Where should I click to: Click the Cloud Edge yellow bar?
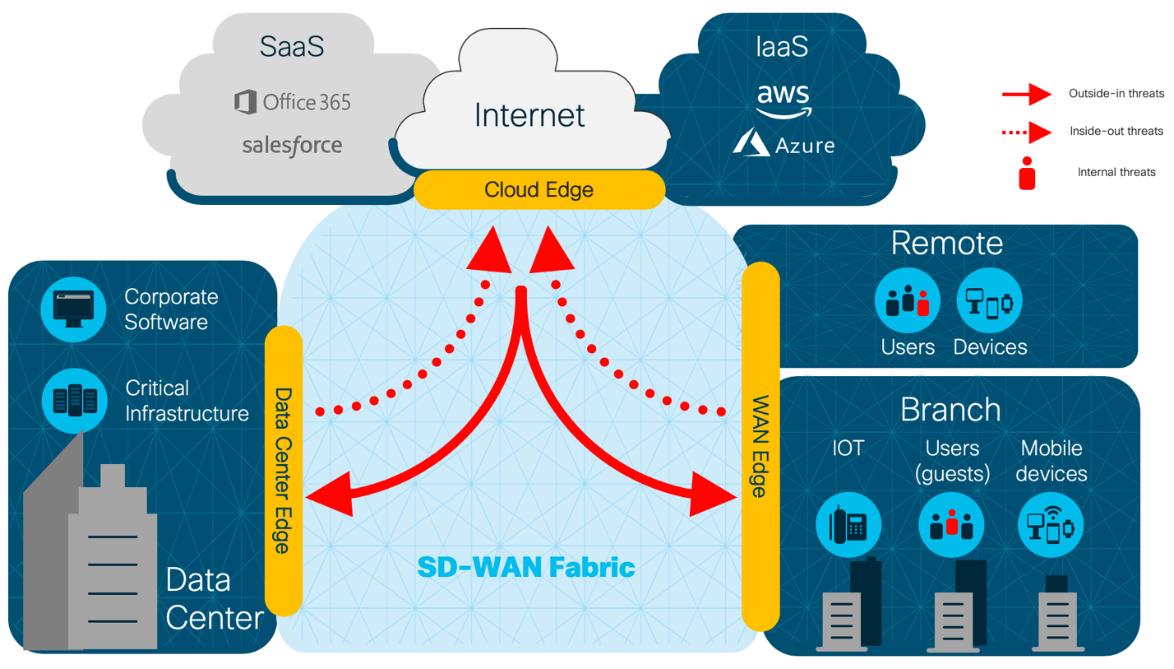pos(538,190)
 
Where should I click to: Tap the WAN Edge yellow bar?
pos(760,447)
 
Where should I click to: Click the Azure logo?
pos(783,144)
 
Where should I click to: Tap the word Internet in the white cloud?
pos(530,114)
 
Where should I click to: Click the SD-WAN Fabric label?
pos(526,566)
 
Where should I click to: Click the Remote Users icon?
pos(908,302)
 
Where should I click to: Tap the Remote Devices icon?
pos(990,302)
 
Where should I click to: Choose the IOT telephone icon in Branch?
pos(848,523)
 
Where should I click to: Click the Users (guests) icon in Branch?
pos(951,523)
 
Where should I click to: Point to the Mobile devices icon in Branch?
pos(1052,523)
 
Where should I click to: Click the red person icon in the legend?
pos(1027,174)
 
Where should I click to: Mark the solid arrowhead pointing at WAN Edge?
pos(713,492)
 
